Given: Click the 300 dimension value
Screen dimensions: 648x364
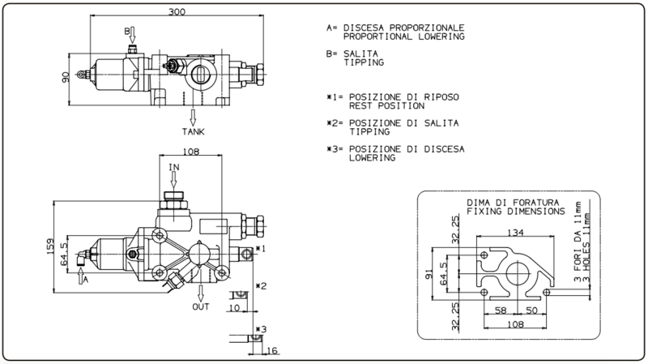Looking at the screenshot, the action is [x=177, y=12].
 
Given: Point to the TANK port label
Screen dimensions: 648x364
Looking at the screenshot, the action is [x=194, y=132].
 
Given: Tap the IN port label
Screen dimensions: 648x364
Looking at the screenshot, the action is [x=174, y=167].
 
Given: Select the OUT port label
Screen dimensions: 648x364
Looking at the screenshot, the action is [x=201, y=307].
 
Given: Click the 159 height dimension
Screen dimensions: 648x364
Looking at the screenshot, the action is [x=50, y=246].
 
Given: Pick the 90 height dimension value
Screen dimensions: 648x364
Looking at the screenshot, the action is [x=66, y=77].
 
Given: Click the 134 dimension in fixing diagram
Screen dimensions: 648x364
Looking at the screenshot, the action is [x=515, y=233].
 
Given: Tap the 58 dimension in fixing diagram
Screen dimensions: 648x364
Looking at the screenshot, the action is [x=501, y=310].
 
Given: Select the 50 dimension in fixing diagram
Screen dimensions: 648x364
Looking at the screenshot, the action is [x=532, y=310].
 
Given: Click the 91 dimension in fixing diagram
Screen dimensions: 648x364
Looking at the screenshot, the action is [x=429, y=274].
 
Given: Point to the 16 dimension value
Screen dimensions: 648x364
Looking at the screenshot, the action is [x=272, y=351].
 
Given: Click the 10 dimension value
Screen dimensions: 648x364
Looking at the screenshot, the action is [x=234, y=308].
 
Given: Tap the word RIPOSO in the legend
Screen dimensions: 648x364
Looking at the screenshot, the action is [x=441, y=97].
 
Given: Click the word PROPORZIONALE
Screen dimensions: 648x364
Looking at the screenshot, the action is [x=427, y=28].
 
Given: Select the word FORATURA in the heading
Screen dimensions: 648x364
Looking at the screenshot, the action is [x=536, y=203].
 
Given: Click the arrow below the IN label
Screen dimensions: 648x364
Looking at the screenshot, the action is [x=174, y=180].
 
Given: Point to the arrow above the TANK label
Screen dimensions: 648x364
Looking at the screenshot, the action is [x=193, y=118].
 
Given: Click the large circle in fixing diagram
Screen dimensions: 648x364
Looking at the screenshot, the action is [x=518, y=273].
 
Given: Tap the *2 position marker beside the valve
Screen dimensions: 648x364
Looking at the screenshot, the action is [x=261, y=286].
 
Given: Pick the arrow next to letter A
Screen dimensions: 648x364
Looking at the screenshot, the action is [x=80, y=276].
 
